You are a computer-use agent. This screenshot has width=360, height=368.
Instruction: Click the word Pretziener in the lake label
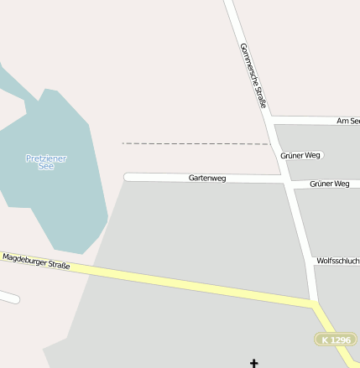pyautogui.click(x=46, y=158)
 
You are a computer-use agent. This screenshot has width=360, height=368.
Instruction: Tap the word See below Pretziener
pyautogui.click(x=46, y=166)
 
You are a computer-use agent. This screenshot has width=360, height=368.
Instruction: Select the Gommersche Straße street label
pyautogui.click(x=253, y=75)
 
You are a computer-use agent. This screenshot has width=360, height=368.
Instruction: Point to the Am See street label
pyautogui.click(x=347, y=122)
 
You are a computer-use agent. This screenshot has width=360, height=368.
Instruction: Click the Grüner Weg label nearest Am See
pyautogui.click(x=300, y=156)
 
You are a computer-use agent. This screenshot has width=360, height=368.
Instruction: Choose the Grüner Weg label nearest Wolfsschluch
pyautogui.click(x=329, y=184)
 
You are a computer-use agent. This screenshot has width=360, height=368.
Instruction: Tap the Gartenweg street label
pyautogui.click(x=207, y=179)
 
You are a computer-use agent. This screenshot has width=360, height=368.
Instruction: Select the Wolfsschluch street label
pyautogui.click(x=337, y=261)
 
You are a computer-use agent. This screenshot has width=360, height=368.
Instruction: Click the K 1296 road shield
pyautogui.click(x=336, y=339)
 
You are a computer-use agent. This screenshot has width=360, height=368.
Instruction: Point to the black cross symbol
pyautogui.click(x=254, y=363)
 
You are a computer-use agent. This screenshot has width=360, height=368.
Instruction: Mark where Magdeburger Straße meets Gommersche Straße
pyautogui.click(x=314, y=303)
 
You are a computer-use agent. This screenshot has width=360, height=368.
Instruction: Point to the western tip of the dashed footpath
pyautogui.click(x=123, y=143)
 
